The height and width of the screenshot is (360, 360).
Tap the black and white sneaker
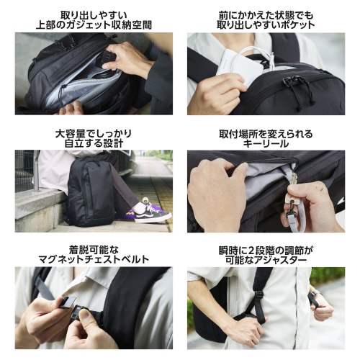pos(152,211)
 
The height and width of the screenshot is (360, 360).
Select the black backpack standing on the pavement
pos(91,192)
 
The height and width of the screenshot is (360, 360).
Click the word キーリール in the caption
pos(266,144)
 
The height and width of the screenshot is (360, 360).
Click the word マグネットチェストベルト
pos(94,259)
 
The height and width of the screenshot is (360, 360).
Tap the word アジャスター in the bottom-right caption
pos(280,261)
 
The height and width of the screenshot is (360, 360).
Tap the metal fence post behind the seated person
pos(36,170)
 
